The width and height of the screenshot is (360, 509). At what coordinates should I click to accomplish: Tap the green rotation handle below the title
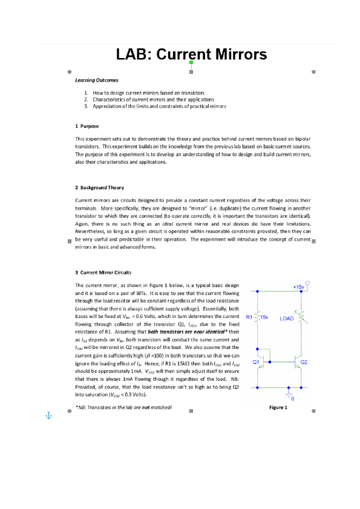pyautogui.click(x=191, y=62)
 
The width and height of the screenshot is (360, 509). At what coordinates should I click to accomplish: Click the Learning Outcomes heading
pyautogui.click(x=97, y=80)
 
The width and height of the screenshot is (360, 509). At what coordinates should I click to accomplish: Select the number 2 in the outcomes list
pyautogui.click(x=87, y=99)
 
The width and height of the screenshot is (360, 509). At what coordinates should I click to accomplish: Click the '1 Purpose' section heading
pyautogui.click(x=87, y=126)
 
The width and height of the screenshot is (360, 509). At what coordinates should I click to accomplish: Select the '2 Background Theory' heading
pyautogui.click(x=99, y=187)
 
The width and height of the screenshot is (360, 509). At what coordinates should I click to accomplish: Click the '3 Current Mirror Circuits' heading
pyautogui.click(x=103, y=272)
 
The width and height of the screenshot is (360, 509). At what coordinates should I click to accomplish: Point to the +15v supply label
pyautogui.click(x=298, y=287)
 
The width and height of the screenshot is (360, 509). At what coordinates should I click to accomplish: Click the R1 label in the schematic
pyautogui.click(x=249, y=317)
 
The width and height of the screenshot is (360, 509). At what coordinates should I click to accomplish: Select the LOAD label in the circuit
pyautogui.click(x=286, y=317)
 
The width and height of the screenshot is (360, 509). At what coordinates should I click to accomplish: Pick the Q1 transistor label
pyautogui.click(x=256, y=362)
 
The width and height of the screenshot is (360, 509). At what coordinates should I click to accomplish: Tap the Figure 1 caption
pyautogui.click(x=278, y=407)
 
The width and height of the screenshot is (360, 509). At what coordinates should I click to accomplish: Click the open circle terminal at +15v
pyautogui.click(x=309, y=282)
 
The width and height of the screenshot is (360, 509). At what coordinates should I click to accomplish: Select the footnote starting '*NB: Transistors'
pyautogui.click(x=123, y=407)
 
